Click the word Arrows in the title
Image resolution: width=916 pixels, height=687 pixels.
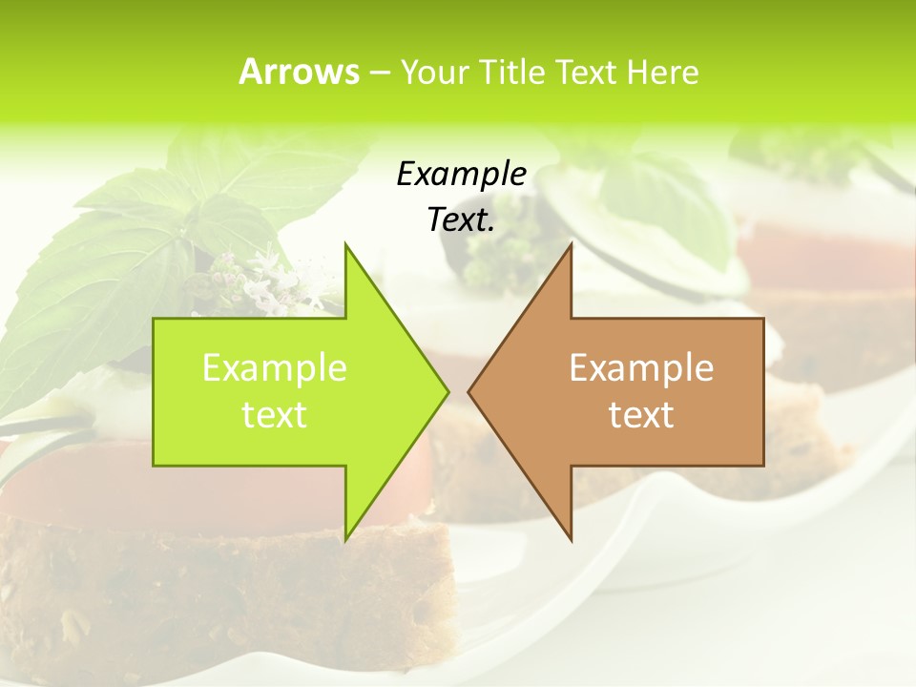pyautogui.click(x=299, y=72)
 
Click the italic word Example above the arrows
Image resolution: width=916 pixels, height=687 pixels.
pyautogui.click(x=461, y=174)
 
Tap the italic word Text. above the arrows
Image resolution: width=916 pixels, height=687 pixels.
pyautogui.click(x=461, y=219)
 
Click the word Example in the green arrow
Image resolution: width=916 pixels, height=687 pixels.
pyautogui.click(x=275, y=368)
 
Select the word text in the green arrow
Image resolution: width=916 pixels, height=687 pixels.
pyautogui.click(x=275, y=415)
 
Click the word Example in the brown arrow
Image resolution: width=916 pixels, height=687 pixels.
pyautogui.click(x=641, y=368)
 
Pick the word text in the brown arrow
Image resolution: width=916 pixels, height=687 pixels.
pyautogui.click(x=641, y=415)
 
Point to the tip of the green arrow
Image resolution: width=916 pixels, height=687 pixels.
pyautogui.click(x=448, y=391)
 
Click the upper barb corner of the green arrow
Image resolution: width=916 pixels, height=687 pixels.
pyautogui.click(x=346, y=244)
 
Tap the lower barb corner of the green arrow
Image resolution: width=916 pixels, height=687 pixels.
pyautogui.click(x=346, y=539)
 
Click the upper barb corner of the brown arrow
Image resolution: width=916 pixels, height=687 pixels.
pyautogui.click(x=571, y=244)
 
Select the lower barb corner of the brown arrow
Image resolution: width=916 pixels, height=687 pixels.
pyautogui.click(x=571, y=539)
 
